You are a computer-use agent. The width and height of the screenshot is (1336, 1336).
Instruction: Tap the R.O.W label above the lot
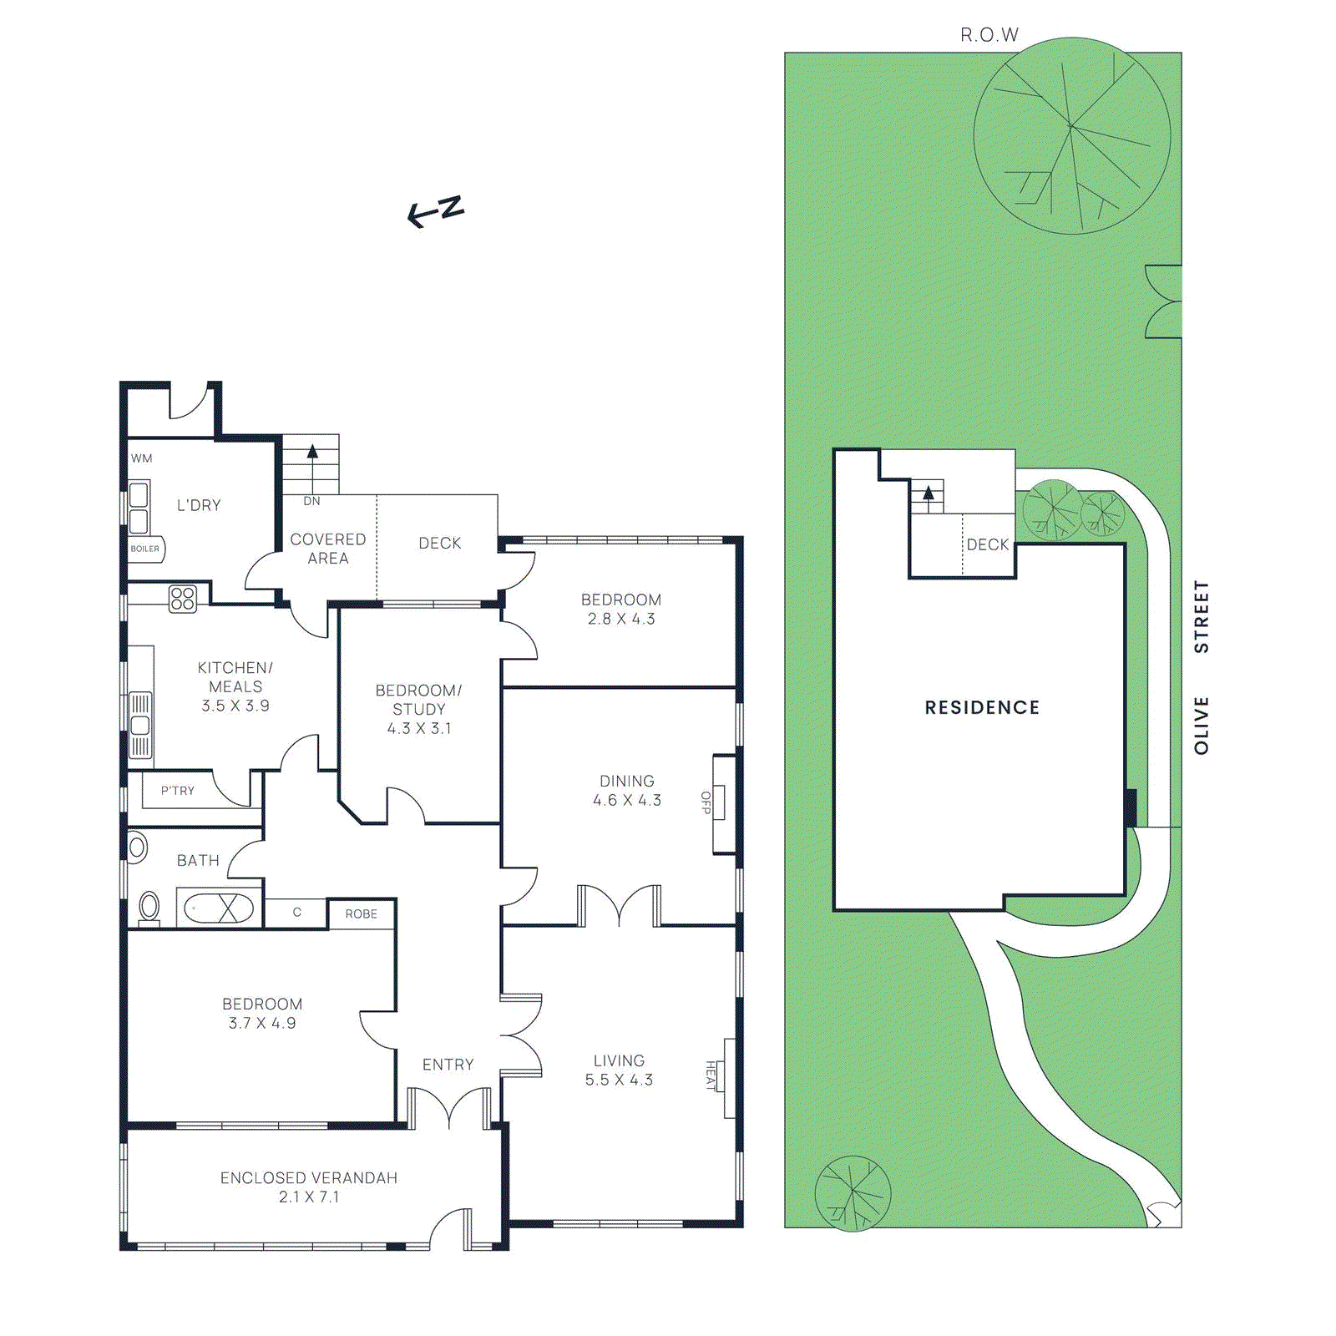pyautogui.click(x=989, y=35)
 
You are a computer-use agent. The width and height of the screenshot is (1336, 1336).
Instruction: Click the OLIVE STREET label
pyautogui.click(x=1202, y=668)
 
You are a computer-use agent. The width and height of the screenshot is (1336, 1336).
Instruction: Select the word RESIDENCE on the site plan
pyautogui.click(x=982, y=708)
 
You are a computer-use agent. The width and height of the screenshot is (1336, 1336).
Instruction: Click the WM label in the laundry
pyautogui.click(x=142, y=458)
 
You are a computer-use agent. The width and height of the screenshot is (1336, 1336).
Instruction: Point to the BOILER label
pyautogui.click(x=144, y=549)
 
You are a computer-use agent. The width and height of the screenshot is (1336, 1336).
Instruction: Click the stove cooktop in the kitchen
pyautogui.click(x=183, y=599)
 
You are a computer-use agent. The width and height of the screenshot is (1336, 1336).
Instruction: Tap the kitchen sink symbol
pyautogui.click(x=140, y=725)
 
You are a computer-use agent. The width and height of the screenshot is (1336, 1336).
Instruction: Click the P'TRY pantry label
pyautogui.click(x=177, y=791)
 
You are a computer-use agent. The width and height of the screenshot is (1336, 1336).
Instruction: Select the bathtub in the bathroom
pyautogui.click(x=218, y=908)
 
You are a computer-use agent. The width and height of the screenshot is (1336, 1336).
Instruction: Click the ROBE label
pyautogui.click(x=361, y=914)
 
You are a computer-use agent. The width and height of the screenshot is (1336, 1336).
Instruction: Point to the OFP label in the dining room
pyautogui.click(x=706, y=802)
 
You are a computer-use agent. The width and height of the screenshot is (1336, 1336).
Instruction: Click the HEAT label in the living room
pyautogui.click(x=711, y=1075)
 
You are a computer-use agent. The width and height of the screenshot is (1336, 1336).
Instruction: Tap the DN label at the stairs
pyautogui.click(x=311, y=501)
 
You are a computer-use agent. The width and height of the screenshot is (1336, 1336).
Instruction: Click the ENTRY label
pyautogui.click(x=448, y=1065)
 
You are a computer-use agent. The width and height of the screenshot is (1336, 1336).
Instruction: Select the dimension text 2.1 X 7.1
pyautogui.click(x=309, y=1197)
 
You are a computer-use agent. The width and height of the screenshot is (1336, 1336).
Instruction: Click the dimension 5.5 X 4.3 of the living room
pyautogui.click(x=619, y=1080)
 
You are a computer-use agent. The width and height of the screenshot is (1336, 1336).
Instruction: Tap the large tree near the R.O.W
pyautogui.click(x=1071, y=136)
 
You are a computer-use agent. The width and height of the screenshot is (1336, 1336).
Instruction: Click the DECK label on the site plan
pyautogui.click(x=988, y=545)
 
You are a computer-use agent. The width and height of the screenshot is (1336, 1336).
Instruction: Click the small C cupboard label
pyautogui.click(x=296, y=913)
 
